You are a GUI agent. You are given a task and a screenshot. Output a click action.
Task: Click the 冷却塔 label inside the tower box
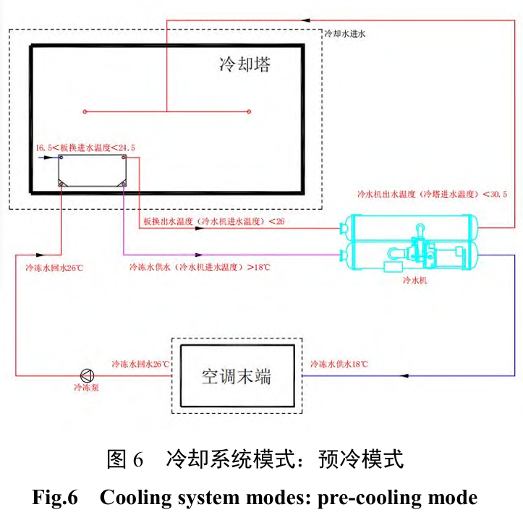click(245, 65)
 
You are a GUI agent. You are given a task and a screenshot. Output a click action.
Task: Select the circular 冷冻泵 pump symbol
click(87, 375)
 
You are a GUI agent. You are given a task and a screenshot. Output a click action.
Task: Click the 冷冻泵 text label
click(85, 388)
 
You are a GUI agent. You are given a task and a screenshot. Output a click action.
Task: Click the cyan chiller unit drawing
click(409, 242)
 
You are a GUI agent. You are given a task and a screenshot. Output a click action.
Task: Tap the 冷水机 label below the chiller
click(414, 281)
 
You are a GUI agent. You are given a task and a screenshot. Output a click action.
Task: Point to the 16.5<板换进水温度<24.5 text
click(85, 148)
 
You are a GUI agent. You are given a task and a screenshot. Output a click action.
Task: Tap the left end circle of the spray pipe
click(85, 111)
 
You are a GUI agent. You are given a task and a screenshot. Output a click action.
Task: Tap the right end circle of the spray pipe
click(250, 111)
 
